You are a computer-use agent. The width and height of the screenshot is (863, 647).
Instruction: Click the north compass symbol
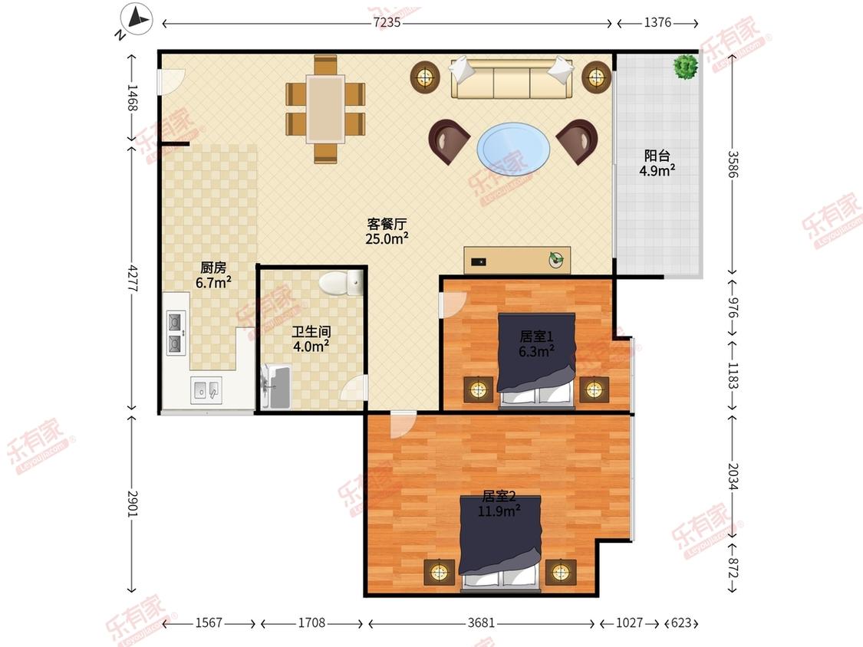pos(136,20)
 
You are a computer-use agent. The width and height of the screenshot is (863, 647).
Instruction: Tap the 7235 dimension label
pos(387,22)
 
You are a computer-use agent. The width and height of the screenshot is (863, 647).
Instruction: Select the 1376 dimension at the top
pos(657,22)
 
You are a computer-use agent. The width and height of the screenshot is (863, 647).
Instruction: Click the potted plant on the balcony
pos(686,67)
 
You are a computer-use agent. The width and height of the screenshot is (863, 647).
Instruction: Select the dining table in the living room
pos(326,109)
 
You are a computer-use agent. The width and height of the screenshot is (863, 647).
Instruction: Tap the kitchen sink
pos(206,390)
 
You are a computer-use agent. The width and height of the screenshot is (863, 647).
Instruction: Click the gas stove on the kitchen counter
pos(176,333)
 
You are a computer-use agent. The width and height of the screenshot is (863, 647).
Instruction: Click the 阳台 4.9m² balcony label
pos(657,163)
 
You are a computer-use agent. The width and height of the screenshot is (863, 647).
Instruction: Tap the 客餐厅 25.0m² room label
pos(387,231)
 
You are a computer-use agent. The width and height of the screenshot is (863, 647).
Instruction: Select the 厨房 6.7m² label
pos(213,275)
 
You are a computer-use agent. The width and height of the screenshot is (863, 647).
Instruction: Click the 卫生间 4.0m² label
pos(311,339)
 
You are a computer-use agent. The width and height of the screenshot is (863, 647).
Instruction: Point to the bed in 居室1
pos(537,361)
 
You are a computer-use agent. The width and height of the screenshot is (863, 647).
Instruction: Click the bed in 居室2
pos(500,543)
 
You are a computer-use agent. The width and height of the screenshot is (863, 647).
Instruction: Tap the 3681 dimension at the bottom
pos(481,622)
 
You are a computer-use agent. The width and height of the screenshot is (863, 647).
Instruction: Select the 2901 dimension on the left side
pos(133,504)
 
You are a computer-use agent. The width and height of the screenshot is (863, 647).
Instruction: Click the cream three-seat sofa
pos(512,77)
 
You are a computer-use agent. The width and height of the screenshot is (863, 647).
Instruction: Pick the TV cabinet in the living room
pos(517,260)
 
